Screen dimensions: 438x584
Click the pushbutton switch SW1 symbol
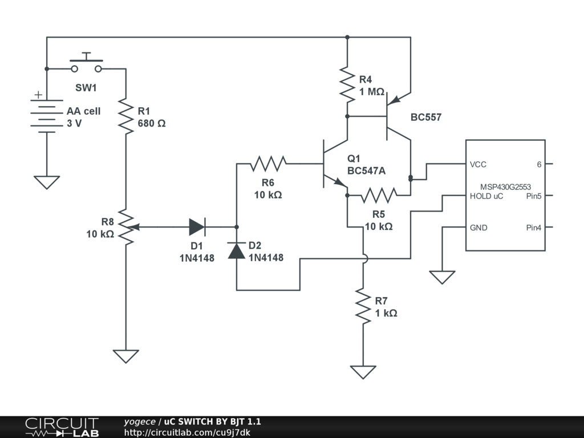point(87,64)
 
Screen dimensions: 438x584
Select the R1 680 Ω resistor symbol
point(126,114)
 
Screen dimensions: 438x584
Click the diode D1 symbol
point(197,228)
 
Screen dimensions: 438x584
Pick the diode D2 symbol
point(237,250)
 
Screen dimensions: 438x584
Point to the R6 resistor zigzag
point(268,164)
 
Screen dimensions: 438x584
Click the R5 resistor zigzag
point(379,196)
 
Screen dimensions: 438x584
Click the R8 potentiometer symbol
point(126,228)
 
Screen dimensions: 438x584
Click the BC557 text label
point(426,117)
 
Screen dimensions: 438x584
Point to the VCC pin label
point(478,164)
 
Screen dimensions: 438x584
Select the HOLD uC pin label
point(486,196)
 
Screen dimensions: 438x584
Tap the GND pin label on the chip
point(478,228)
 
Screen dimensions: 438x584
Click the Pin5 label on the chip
point(533,196)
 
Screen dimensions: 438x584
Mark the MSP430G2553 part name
point(505,186)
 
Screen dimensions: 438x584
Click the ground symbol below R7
point(363,372)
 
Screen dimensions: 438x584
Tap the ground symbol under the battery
point(47,182)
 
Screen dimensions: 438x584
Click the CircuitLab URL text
point(187,432)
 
